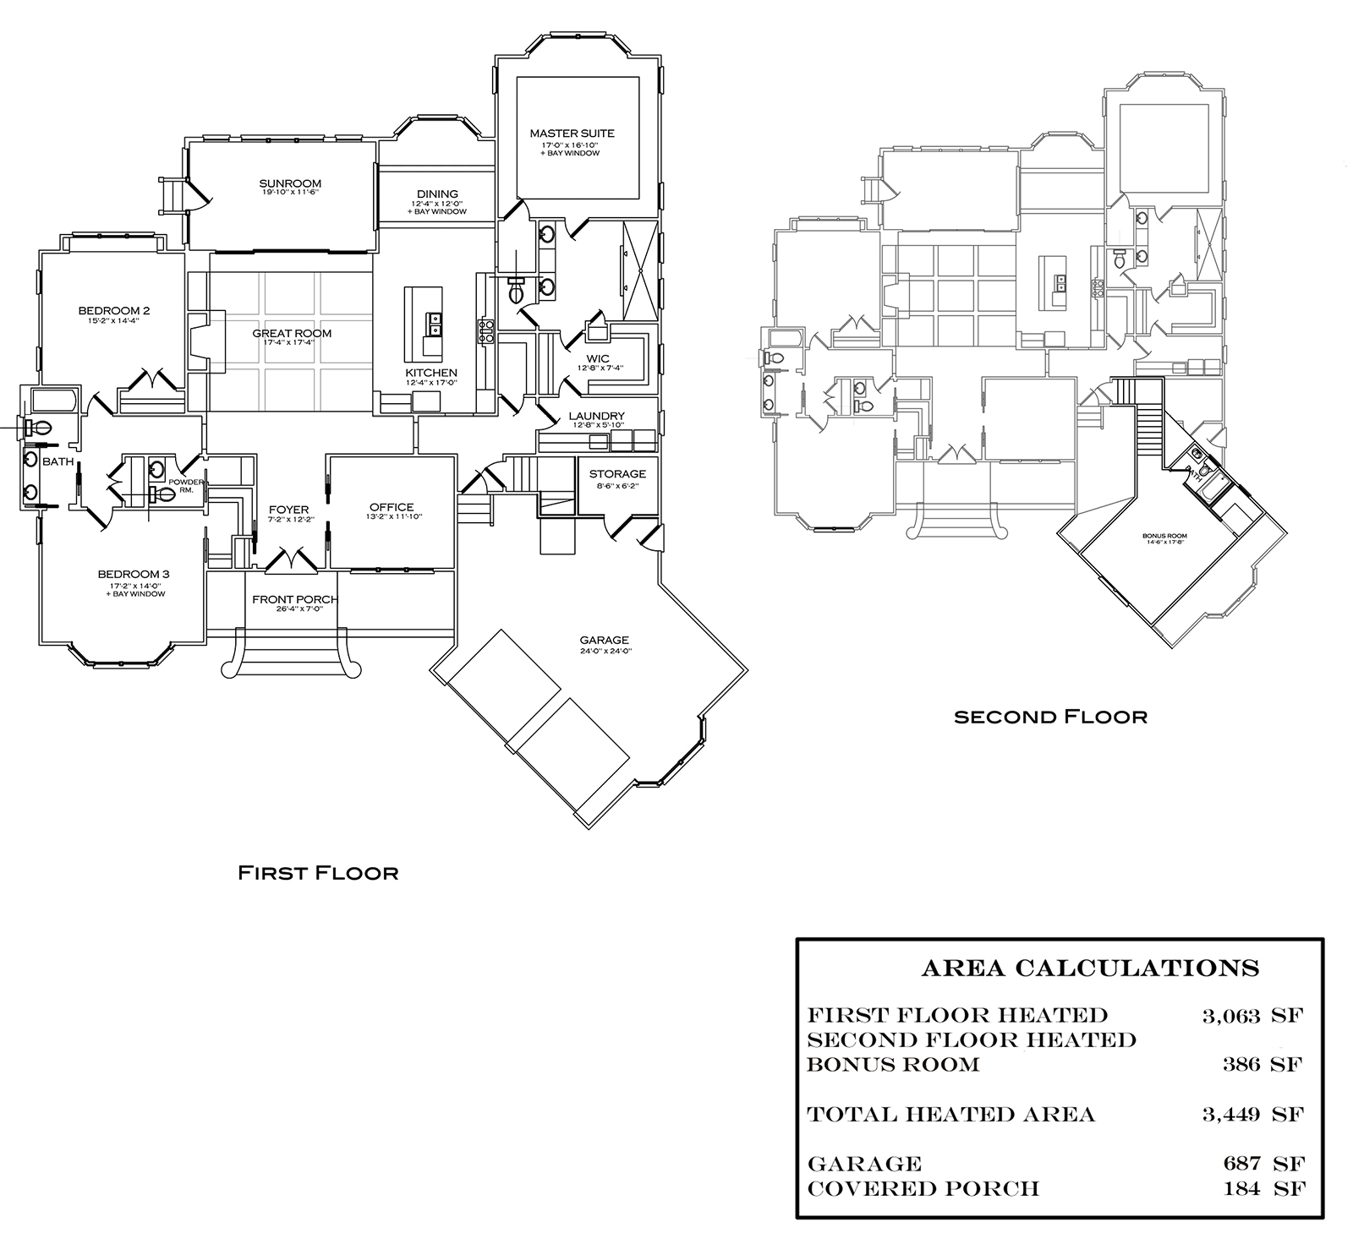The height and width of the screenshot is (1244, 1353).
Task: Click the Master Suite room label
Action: click(x=572, y=134)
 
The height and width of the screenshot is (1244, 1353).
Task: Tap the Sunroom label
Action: click(x=290, y=183)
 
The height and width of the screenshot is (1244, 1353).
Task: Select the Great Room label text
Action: click(x=292, y=334)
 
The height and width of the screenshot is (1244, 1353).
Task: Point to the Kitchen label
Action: click(x=430, y=373)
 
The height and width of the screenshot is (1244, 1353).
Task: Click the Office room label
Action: click(x=392, y=508)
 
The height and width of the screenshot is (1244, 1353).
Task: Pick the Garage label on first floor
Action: click(x=604, y=641)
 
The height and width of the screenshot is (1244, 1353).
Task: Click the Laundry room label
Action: click(x=596, y=416)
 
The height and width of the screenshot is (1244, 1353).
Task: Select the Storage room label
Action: click(x=617, y=474)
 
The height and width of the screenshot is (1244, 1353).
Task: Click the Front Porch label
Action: click(x=295, y=600)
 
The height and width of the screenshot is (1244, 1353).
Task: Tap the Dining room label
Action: click(x=437, y=194)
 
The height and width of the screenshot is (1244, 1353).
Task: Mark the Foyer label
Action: click(x=282, y=510)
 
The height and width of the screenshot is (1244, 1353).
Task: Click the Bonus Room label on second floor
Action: click(x=1164, y=536)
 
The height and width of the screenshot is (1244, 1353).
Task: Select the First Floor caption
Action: click(x=318, y=872)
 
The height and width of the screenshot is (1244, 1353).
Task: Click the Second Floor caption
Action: click(x=1050, y=717)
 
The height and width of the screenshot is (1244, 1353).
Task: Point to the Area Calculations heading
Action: click(x=1090, y=968)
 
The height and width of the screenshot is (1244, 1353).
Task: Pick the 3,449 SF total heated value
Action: click(x=1252, y=1115)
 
